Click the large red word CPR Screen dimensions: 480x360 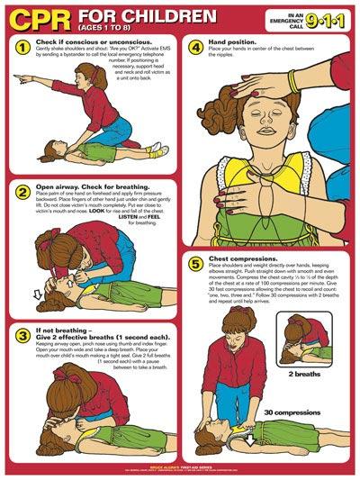click(37, 17)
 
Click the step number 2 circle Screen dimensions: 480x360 click(22, 191)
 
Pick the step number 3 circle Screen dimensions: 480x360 click(22, 335)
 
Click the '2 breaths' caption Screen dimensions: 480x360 click(305, 372)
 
